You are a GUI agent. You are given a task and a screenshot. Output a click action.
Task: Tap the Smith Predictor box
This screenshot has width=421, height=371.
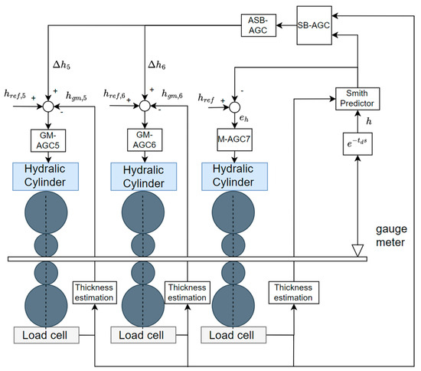click(358, 98)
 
